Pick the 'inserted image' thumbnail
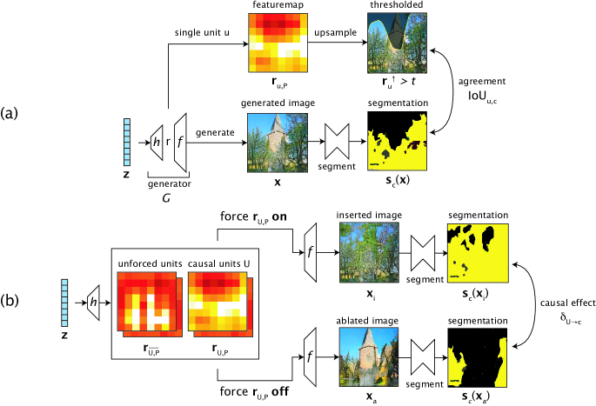click(x=369, y=253)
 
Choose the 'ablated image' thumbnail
click(x=369, y=356)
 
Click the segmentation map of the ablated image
click(x=474, y=356)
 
